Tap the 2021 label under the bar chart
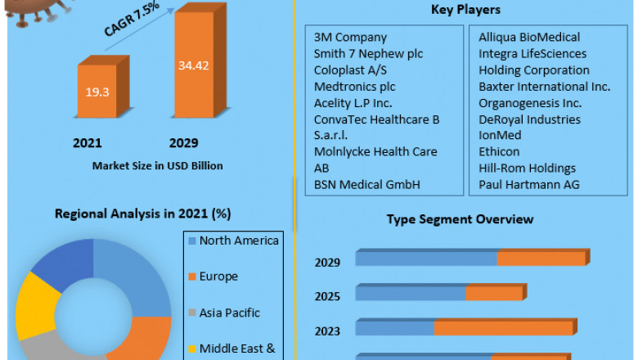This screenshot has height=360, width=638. coord(88,143)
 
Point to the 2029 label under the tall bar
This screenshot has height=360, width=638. coord(184,143)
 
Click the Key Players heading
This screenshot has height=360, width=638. coord(465,10)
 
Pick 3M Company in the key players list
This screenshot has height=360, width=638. coord(350,38)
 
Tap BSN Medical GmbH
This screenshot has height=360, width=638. coord(366,185)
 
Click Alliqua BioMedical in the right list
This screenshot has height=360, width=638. coord(529,38)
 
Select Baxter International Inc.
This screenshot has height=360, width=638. coord(544,87)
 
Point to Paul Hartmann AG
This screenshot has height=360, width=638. coord(528,185)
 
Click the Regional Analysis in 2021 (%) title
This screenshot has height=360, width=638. coord(143,214)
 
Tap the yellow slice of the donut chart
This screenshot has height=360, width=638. coord(34,303)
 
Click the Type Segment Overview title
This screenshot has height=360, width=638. coord(460,219)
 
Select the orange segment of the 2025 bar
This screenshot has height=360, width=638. coord(494,293)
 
